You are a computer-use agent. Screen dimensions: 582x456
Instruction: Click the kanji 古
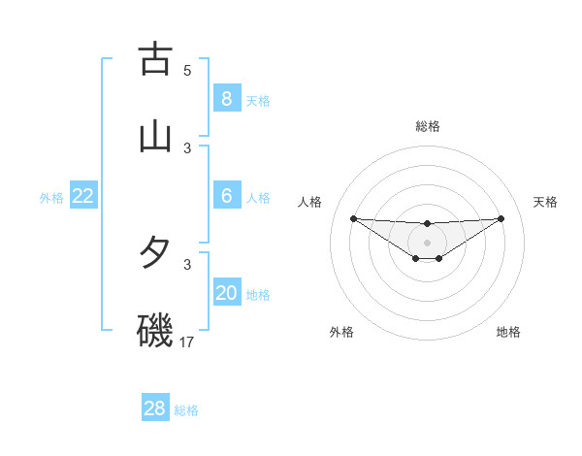tap(155, 59)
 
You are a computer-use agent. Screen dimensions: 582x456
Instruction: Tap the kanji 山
tap(155, 136)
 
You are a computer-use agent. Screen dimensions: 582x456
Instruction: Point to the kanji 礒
tap(155, 331)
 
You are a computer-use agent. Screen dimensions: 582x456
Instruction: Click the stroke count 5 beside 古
tap(187, 71)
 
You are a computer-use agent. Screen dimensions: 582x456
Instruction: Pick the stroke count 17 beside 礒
tap(187, 342)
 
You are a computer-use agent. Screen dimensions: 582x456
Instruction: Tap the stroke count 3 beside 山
tap(187, 148)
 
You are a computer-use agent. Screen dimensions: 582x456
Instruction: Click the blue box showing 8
tap(226, 98)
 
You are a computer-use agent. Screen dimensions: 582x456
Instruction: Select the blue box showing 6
tap(226, 196)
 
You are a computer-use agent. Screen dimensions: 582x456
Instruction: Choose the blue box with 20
tap(226, 293)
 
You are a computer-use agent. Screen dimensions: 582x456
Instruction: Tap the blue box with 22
tap(83, 196)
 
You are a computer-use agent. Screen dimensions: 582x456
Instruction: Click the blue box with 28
tap(154, 408)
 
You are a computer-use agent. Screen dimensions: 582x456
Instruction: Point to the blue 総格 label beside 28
tap(186, 410)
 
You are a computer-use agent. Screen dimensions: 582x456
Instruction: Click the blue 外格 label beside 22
tap(51, 198)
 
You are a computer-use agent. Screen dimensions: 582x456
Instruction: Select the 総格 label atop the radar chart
tap(427, 126)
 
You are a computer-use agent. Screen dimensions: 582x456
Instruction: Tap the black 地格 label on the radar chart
tap(508, 332)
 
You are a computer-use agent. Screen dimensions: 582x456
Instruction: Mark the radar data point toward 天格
tap(501, 218)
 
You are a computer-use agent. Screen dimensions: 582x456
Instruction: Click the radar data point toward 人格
tap(353, 218)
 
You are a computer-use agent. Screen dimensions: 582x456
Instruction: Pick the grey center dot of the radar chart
tap(427, 242)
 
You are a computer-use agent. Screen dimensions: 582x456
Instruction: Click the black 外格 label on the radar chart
tap(341, 332)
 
